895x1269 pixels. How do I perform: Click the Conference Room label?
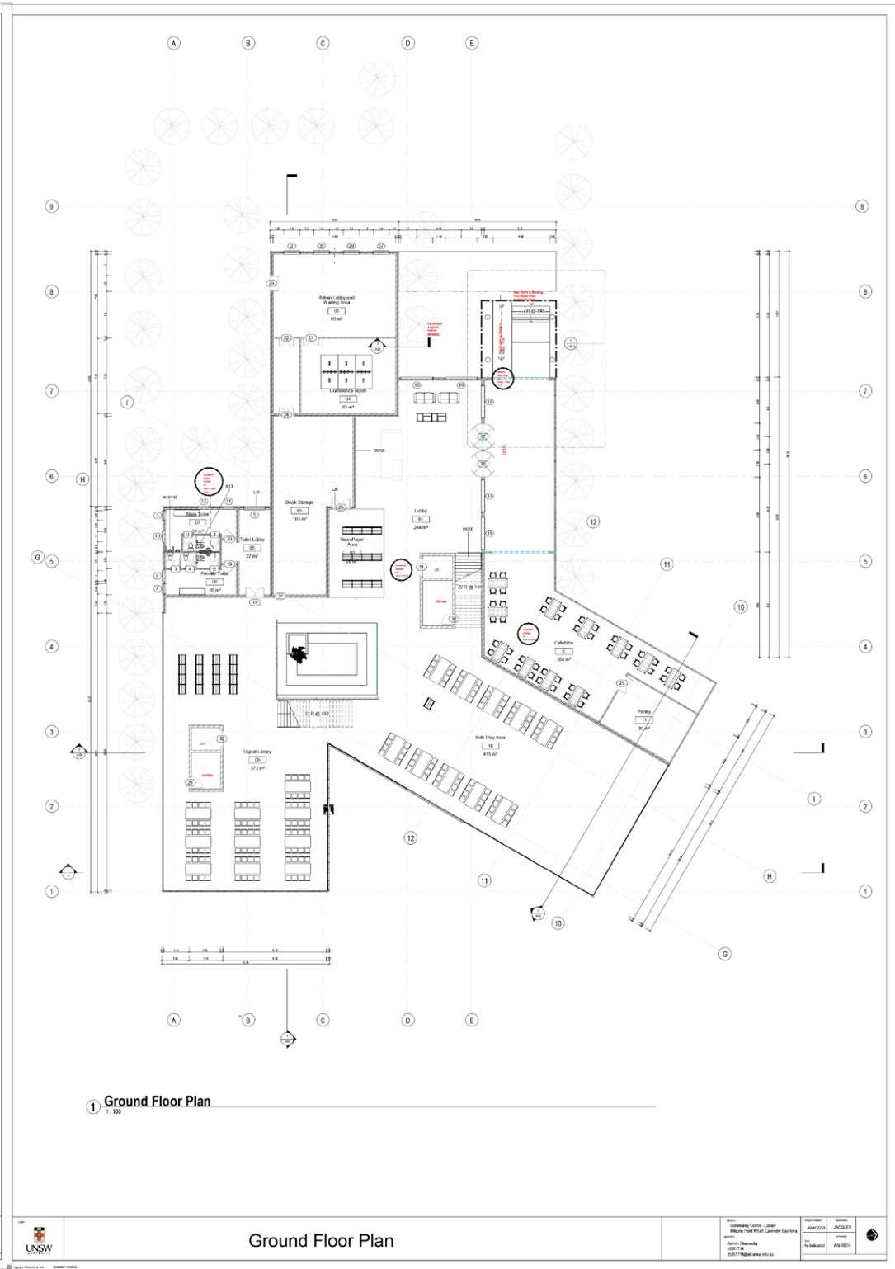point(348,390)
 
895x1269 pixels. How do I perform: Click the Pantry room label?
point(644,711)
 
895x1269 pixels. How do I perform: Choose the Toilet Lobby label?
point(252,539)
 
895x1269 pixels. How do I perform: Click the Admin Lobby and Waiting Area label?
point(337,300)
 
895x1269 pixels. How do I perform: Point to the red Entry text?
point(503,450)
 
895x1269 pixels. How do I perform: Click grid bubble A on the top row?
point(173,43)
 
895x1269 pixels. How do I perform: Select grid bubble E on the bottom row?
point(472,1020)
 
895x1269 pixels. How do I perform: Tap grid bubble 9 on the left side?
point(51,206)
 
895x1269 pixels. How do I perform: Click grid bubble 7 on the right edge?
point(864,391)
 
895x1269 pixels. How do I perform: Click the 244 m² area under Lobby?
point(420,527)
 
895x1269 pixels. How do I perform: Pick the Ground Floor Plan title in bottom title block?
point(321,1240)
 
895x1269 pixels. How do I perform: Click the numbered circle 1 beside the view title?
point(93,1106)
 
